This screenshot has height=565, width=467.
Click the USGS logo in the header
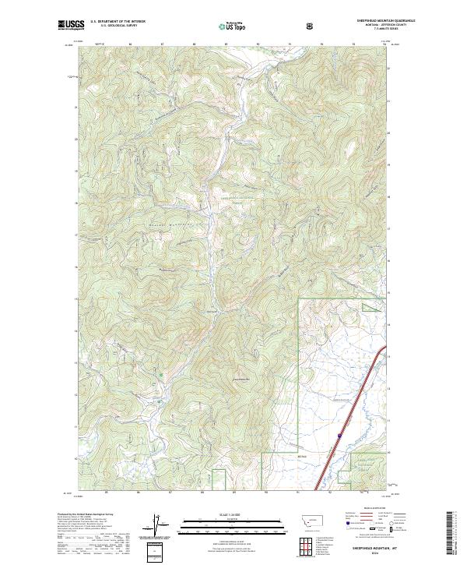tap(70, 26)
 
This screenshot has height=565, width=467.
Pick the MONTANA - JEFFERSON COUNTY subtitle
tap(373, 26)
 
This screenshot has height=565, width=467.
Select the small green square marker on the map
tap(161, 376)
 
